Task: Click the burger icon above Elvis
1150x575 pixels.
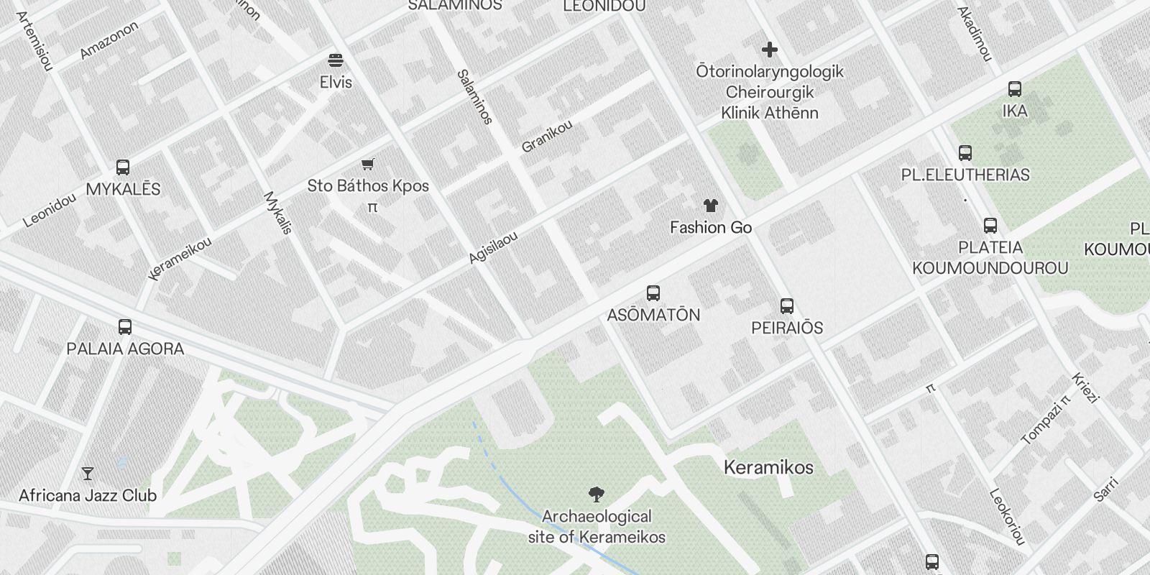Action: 336,59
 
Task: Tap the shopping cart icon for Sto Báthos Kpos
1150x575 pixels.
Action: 368,164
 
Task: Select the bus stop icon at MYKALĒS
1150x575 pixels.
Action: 123,167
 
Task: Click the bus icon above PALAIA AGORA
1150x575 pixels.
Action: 125,327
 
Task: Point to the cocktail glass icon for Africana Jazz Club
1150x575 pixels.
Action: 88,474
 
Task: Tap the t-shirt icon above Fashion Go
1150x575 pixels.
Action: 711,206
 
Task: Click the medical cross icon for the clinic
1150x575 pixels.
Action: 770,50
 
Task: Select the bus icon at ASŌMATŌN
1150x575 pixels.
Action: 653,293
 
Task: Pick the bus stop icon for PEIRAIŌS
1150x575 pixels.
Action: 787,306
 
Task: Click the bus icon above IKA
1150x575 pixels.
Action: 1015,89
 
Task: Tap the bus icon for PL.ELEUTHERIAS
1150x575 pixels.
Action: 965,153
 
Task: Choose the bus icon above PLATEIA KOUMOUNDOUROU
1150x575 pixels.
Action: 990,226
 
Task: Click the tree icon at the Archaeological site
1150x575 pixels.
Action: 596,494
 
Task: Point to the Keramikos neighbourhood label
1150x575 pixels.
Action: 768,467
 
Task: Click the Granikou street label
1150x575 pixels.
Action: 547,136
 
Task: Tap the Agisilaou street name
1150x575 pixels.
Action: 493,247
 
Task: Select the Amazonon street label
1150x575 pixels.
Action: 109,40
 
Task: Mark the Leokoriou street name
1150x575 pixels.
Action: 1007,516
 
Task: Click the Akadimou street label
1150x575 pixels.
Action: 975,33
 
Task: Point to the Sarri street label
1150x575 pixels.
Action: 1106,489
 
